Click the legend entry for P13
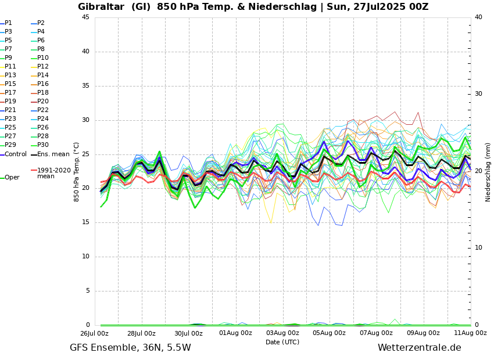(x=10, y=75)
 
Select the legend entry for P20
(x=43, y=102)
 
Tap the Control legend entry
(x=16, y=154)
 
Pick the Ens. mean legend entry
(x=53, y=154)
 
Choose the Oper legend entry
(x=12, y=178)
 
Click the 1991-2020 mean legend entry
(x=53, y=173)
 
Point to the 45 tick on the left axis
(x=85, y=17)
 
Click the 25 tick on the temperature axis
(x=85, y=154)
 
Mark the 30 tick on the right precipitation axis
(x=478, y=94)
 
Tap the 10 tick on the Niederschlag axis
(x=478, y=248)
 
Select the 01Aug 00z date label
(x=235, y=333)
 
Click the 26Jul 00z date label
(x=94, y=333)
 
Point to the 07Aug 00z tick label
(x=376, y=333)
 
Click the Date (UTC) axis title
(x=282, y=343)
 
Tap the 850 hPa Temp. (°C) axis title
(x=77, y=172)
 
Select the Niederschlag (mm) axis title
(x=488, y=172)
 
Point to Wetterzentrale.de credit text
(x=419, y=348)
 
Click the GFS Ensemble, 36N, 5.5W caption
(x=130, y=348)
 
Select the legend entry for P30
(x=43, y=145)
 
